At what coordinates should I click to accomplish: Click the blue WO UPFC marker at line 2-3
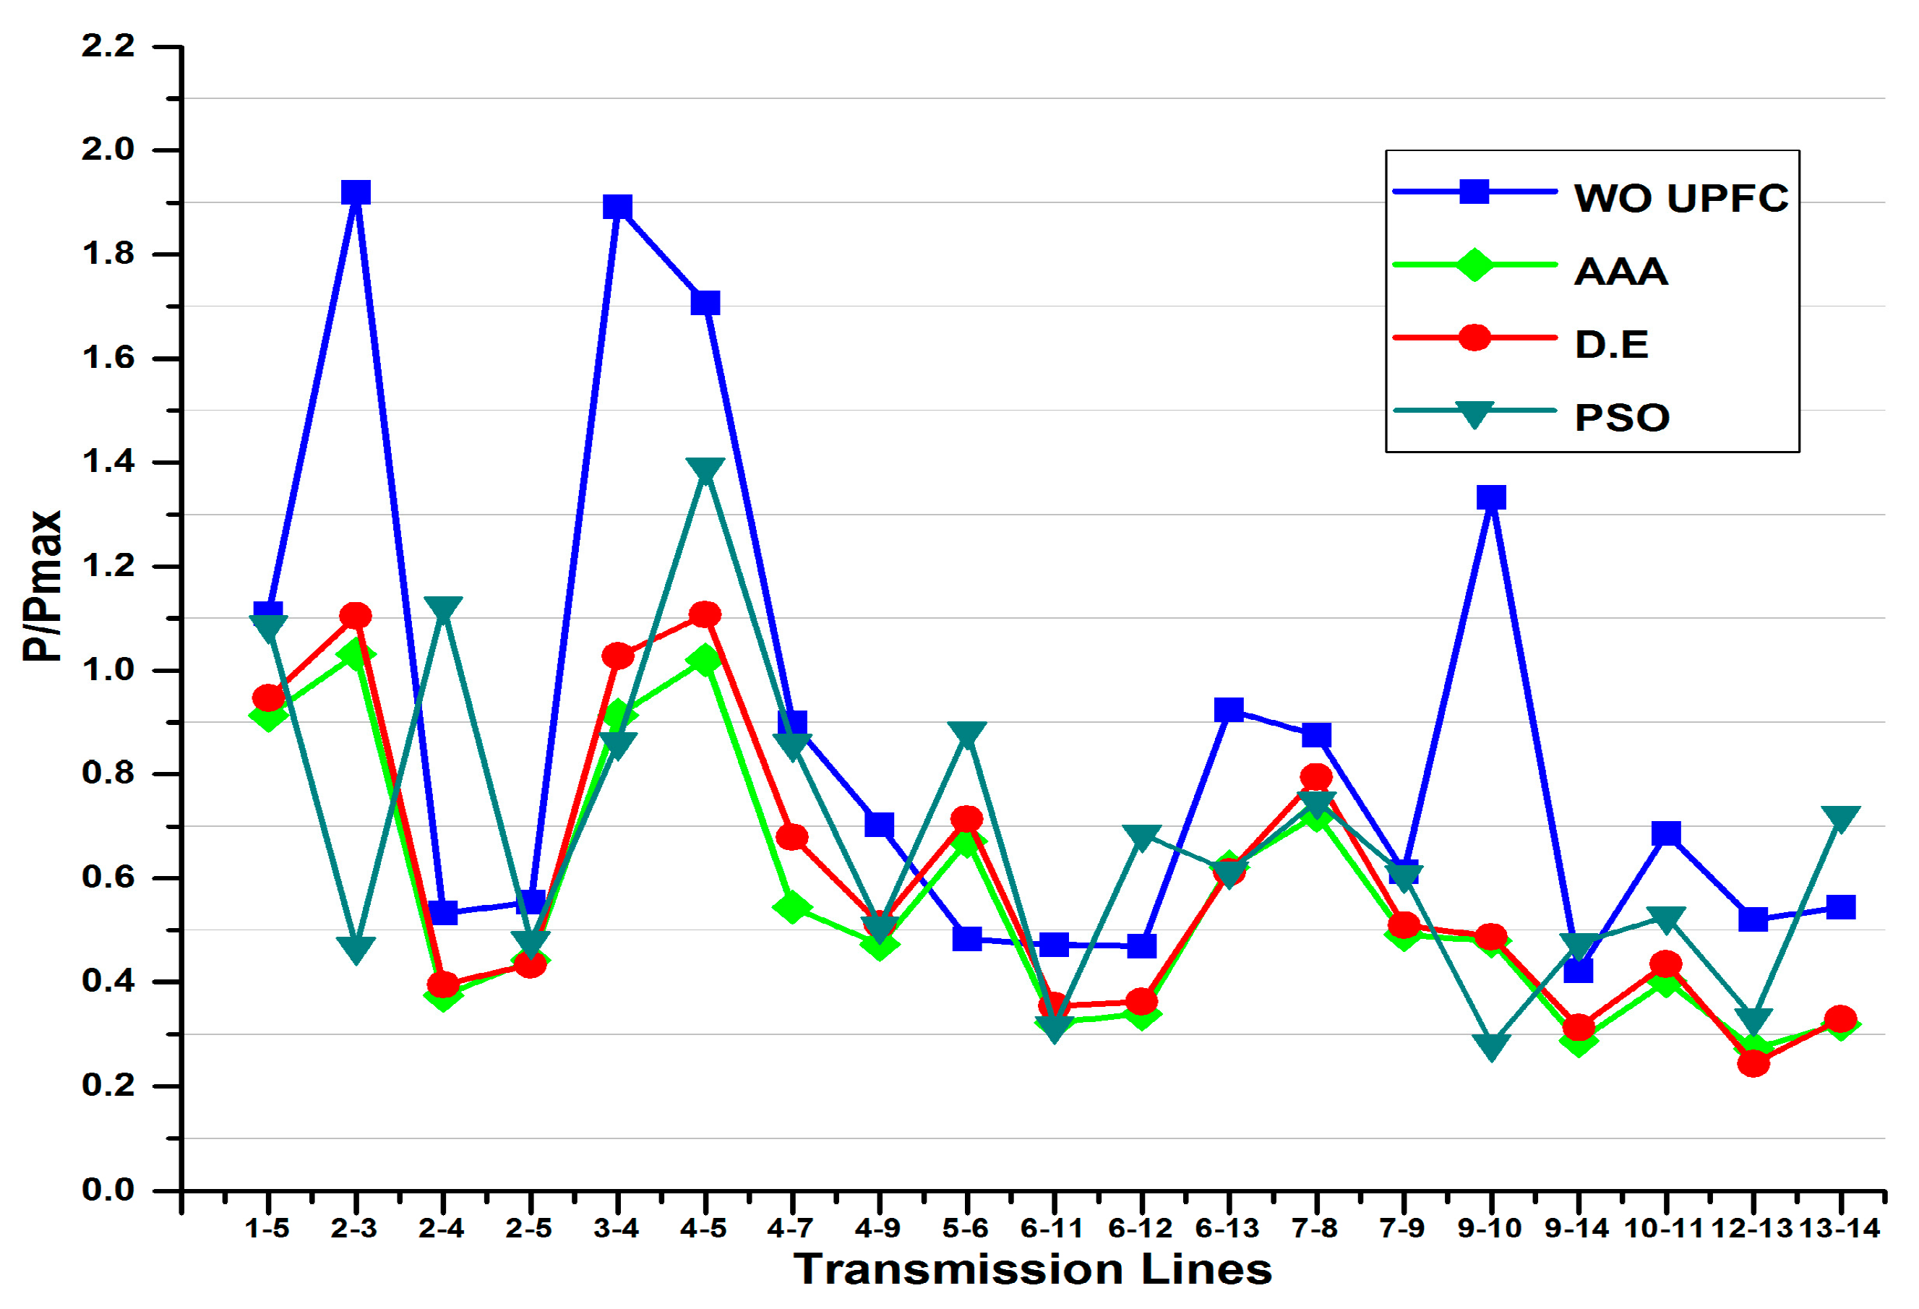pos(355,192)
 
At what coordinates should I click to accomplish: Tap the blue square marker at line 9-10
pos(1490,497)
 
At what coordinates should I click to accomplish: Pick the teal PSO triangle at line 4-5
pos(704,471)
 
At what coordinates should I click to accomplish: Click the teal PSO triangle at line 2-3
pos(355,948)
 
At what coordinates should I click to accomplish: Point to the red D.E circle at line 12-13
pos(1752,1063)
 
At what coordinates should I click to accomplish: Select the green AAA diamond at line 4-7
pos(791,908)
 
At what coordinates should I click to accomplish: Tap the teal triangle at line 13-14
pos(1839,817)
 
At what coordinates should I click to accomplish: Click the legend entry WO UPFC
pos(1680,198)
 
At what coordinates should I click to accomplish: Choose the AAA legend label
pos(1620,272)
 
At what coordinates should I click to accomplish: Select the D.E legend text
pos(1611,344)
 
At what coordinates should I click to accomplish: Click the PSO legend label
pos(1622,417)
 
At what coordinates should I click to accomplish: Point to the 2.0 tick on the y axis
pos(108,150)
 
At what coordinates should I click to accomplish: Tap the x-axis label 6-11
pos(1052,1229)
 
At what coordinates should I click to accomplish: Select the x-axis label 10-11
pos(1664,1229)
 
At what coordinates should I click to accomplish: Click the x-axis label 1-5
pos(267,1229)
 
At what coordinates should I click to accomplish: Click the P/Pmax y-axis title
pos(41,585)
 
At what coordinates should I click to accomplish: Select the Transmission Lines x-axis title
pos(1032,1269)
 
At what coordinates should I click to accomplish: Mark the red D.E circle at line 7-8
pos(1315,776)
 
